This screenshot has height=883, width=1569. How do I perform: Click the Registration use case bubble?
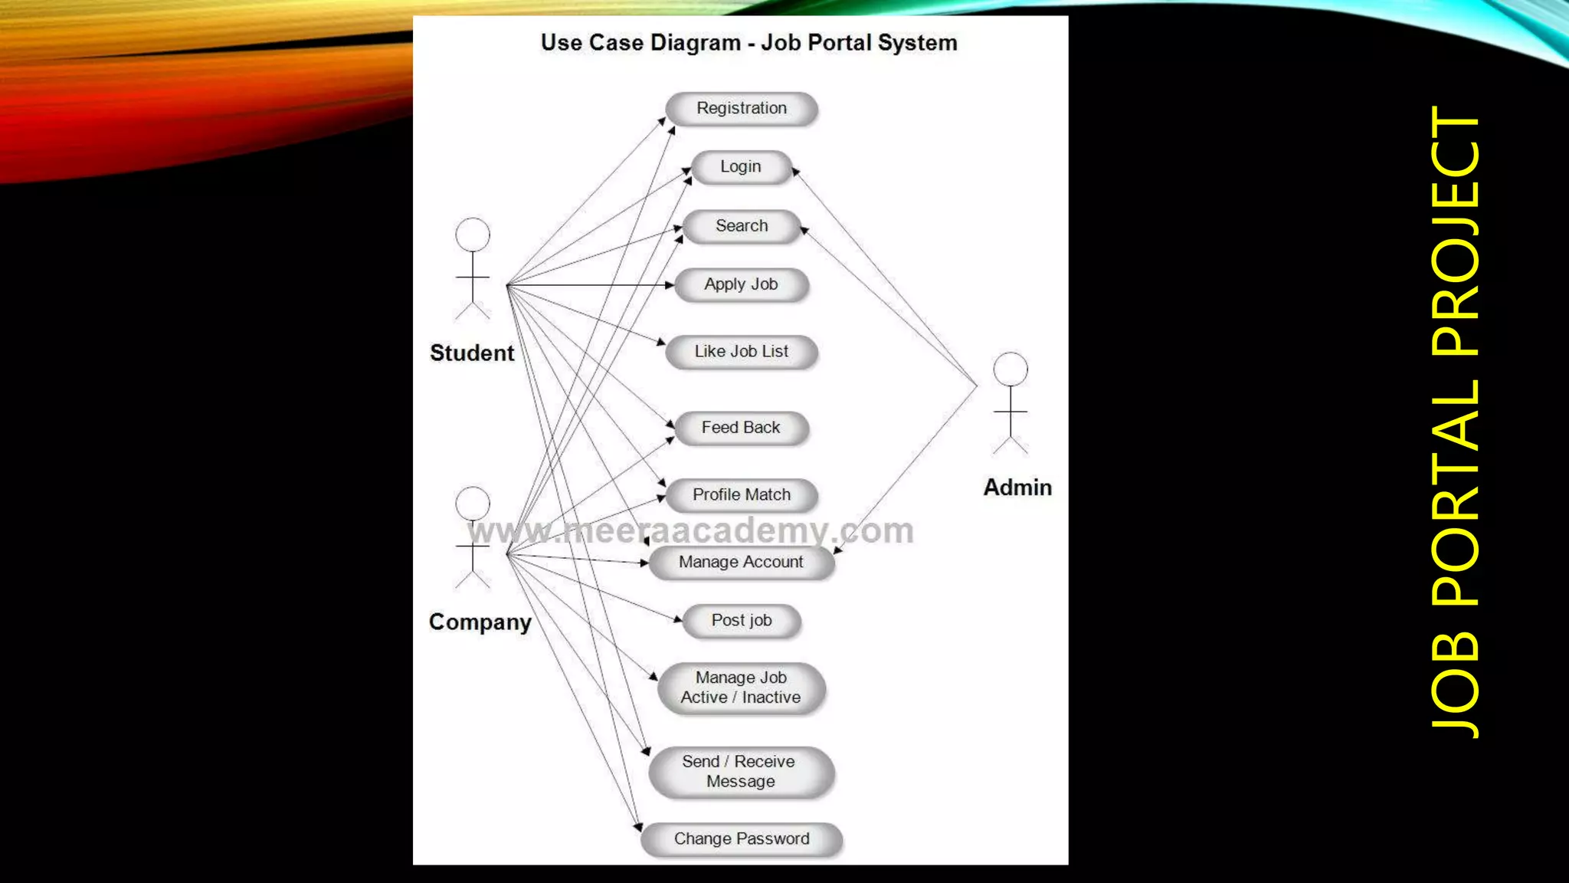pyautogui.click(x=741, y=108)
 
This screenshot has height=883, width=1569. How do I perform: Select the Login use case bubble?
pyautogui.click(x=741, y=167)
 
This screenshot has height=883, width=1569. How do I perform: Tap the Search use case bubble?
pyautogui.click(x=741, y=226)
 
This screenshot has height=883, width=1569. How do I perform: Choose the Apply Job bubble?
pyautogui.click(x=741, y=284)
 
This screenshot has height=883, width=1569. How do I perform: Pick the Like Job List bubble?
pyautogui.click(x=741, y=352)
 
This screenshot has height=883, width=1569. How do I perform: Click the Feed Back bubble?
pyautogui.click(x=741, y=428)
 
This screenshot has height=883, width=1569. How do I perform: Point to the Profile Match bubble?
pyautogui.click(x=741, y=495)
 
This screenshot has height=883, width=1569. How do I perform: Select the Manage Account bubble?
pyautogui.click(x=741, y=563)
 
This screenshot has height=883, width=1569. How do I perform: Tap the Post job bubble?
pyautogui.click(x=741, y=621)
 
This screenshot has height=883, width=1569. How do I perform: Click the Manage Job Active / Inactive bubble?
pyautogui.click(x=741, y=688)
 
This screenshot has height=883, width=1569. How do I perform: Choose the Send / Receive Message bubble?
pyautogui.click(x=741, y=772)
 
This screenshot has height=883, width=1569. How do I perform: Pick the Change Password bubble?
pyautogui.click(x=741, y=839)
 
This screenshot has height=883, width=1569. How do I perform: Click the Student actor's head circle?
pyautogui.click(x=473, y=235)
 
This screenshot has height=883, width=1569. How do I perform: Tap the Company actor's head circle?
pyautogui.click(x=473, y=504)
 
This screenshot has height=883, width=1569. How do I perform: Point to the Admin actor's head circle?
pyautogui.click(x=1011, y=369)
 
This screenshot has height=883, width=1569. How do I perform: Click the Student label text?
pyautogui.click(x=472, y=353)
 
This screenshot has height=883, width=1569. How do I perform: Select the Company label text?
pyautogui.click(x=480, y=622)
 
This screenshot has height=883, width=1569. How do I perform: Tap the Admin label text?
pyautogui.click(x=1017, y=487)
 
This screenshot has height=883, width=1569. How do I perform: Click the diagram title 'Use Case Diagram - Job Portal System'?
pyautogui.click(x=748, y=43)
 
